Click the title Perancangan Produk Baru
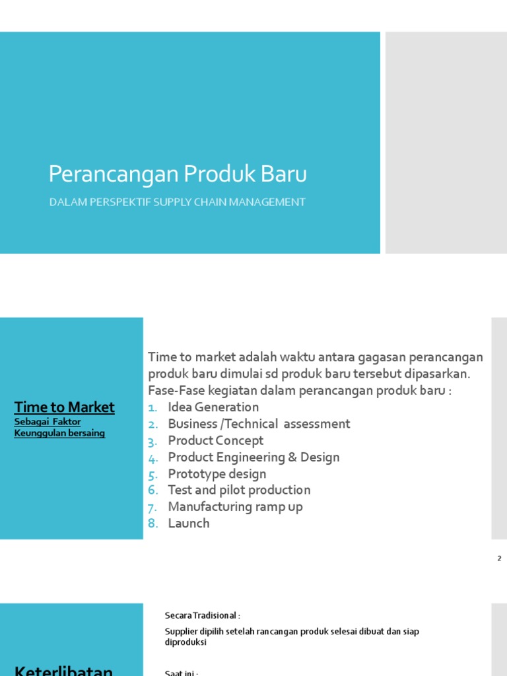tap(178, 175)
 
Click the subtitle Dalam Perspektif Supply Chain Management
tap(178, 202)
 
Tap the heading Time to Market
tap(65, 407)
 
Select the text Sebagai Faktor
tap(48, 422)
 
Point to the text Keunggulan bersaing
tap(59, 433)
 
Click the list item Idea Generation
tap(213, 407)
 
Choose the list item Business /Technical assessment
tap(259, 424)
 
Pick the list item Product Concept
tap(215, 440)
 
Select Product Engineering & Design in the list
tap(253, 457)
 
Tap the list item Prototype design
tap(217, 473)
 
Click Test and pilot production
tap(239, 490)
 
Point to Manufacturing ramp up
tap(236, 506)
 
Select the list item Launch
tap(189, 523)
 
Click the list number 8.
tap(153, 524)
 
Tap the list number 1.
tap(153, 407)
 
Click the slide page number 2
tap(499, 558)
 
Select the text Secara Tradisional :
tap(198, 615)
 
